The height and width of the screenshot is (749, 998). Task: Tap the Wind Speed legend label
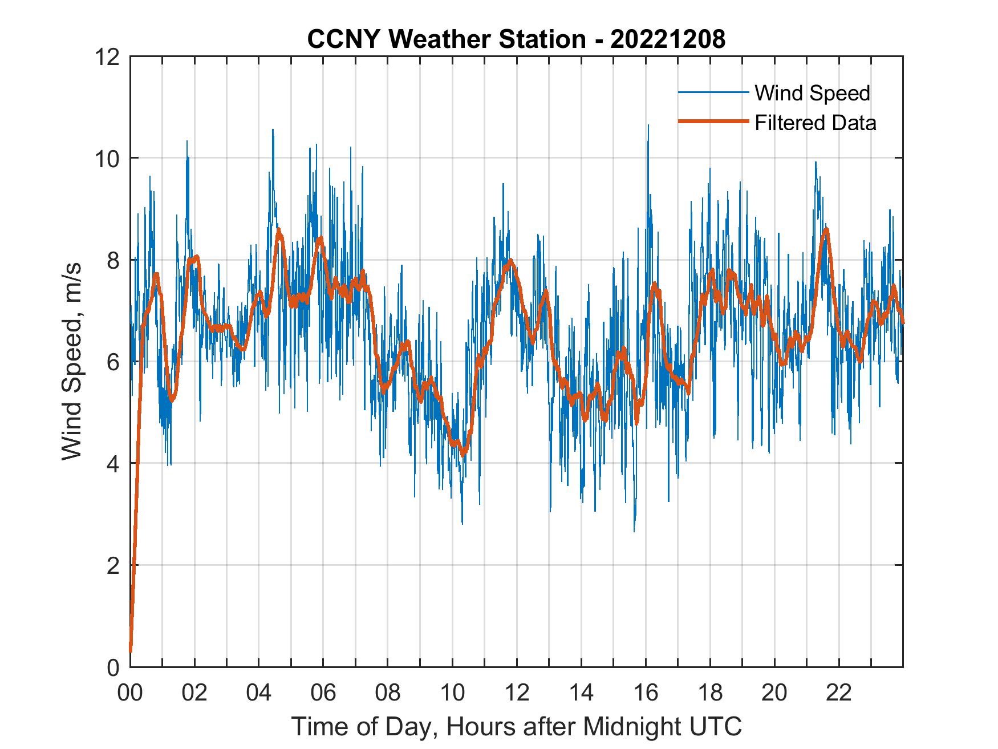click(x=812, y=93)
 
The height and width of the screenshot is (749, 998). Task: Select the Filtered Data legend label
click(x=815, y=123)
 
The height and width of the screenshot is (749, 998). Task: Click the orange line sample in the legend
click(x=712, y=122)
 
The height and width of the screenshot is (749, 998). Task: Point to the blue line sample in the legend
click(x=712, y=92)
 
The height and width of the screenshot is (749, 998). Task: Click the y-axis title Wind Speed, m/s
click(x=72, y=361)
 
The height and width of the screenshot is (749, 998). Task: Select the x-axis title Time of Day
click(x=516, y=727)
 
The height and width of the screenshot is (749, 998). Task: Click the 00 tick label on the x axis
click(x=130, y=693)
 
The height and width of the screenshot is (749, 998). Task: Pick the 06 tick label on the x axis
click(x=323, y=693)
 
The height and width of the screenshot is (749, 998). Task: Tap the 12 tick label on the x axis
click(x=517, y=693)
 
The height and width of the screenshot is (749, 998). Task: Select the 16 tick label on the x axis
click(x=646, y=693)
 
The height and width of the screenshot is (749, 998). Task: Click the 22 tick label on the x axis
click(x=839, y=693)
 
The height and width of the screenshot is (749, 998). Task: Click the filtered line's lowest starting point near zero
click(x=131, y=650)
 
